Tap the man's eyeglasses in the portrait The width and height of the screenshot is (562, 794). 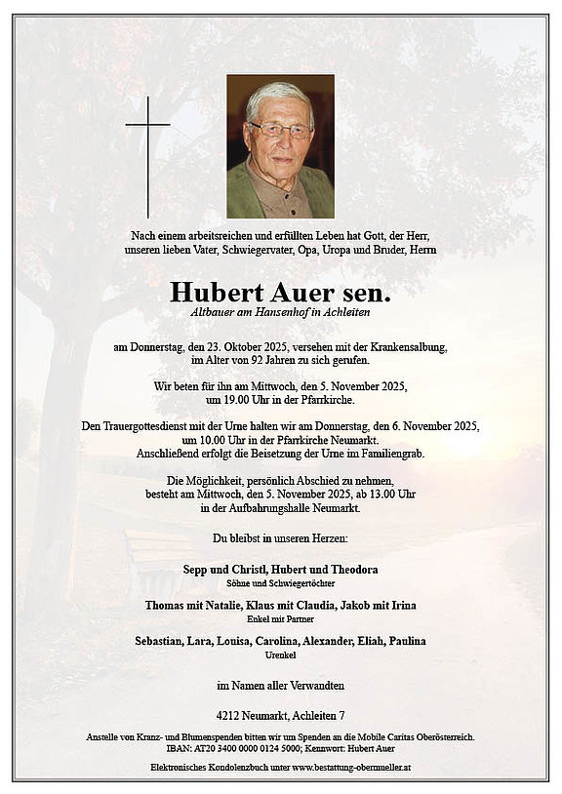click(x=280, y=129)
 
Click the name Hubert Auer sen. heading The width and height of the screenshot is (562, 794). click(x=280, y=291)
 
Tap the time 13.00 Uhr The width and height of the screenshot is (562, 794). click(x=385, y=495)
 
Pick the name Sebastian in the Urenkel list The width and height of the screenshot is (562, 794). click(x=162, y=641)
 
